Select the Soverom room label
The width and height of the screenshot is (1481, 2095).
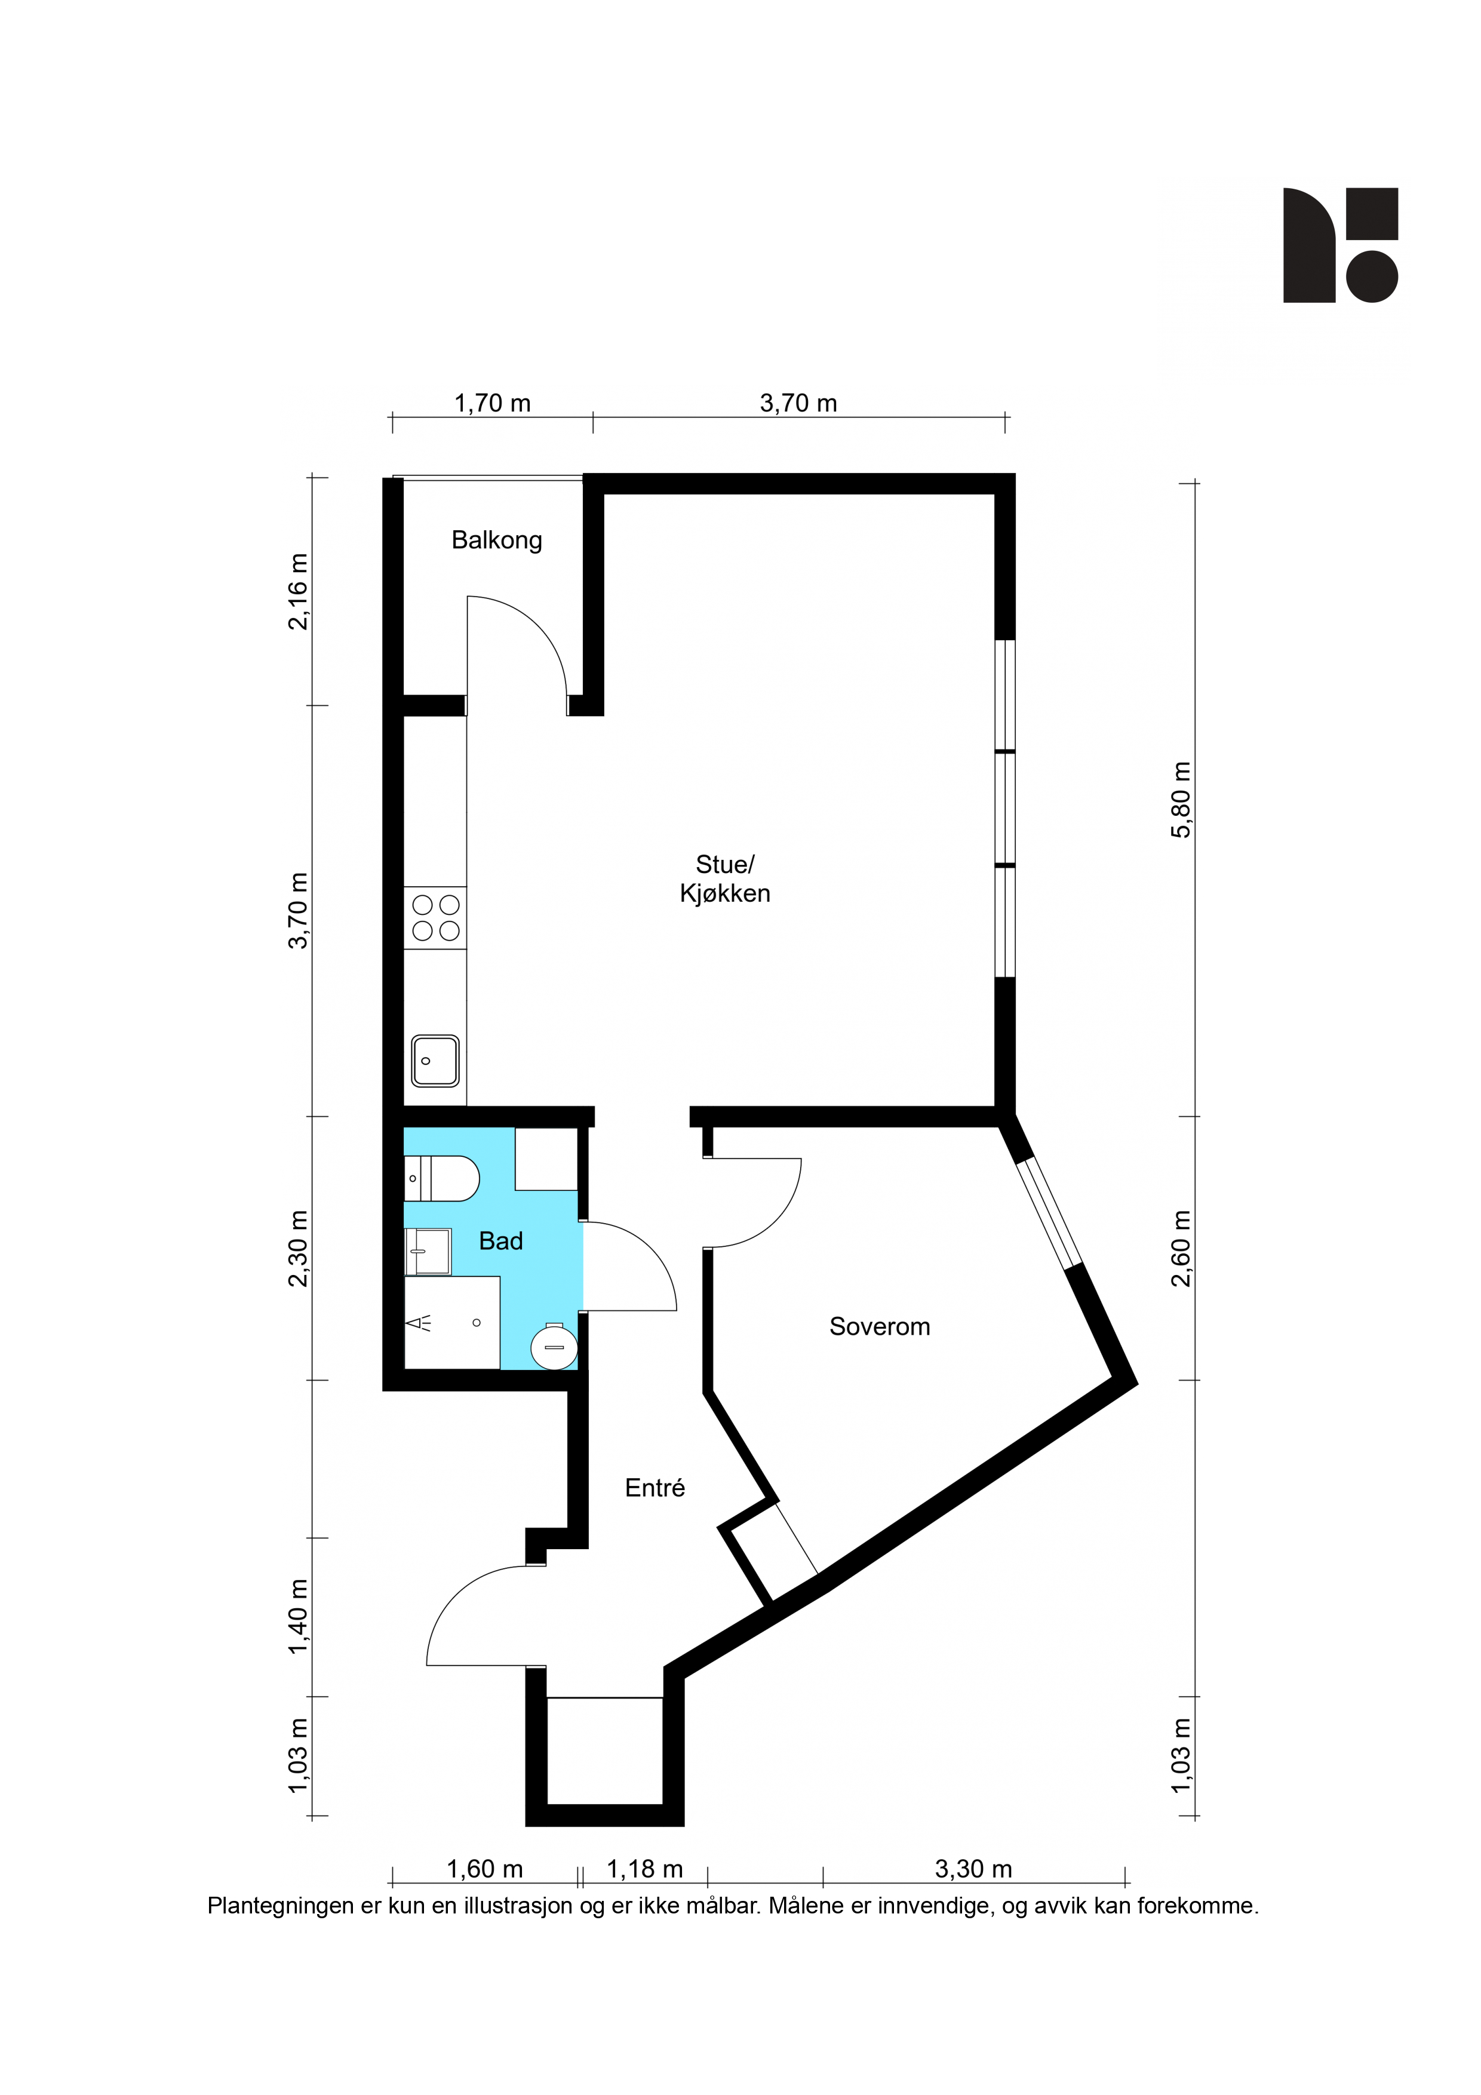tap(880, 1327)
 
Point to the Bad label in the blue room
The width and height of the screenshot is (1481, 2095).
tap(501, 1241)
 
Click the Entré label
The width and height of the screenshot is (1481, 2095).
tap(655, 1488)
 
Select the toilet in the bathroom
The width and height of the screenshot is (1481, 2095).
tap(442, 1179)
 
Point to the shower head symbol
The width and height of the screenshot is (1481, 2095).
tap(420, 1323)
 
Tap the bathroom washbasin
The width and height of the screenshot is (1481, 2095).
tap(428, 1251)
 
